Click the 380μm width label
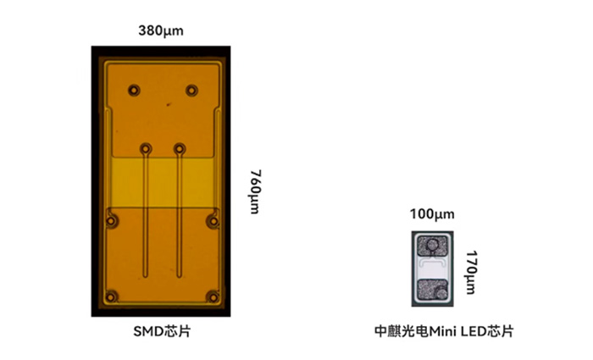point(161,30)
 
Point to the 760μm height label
point(255,191)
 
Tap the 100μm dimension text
point(432,214)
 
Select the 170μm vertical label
point(471,272)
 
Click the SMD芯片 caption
point(162,331)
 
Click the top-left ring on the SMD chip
point(134,91)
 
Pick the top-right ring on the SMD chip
point(191,91)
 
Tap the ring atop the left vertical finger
point(146,149)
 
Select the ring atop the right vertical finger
point(180,149)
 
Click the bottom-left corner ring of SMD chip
point(111,297)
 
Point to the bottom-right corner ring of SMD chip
point(213,297)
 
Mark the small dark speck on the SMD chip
point(169,104)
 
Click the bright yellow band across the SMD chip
point(163,182)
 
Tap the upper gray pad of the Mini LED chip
point(432,246)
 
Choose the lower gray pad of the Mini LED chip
point(432,290)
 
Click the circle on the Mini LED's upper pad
point(431,246)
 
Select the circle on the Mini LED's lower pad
point(441,291)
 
